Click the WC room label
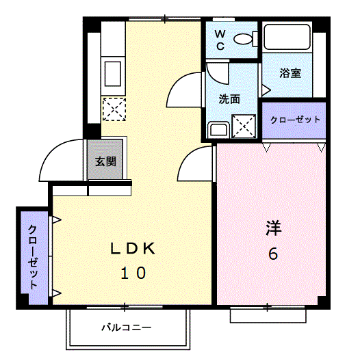coord(220,40)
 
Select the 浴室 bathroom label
coord(291,73)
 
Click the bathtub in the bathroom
coord(287,40)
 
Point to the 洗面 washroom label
coord(229,99)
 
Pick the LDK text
coord(134,249)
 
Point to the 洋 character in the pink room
coord(273,228)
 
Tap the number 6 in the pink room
coord(272,254)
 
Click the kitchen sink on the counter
coord(112,72)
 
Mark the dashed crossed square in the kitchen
coord(113,109)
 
